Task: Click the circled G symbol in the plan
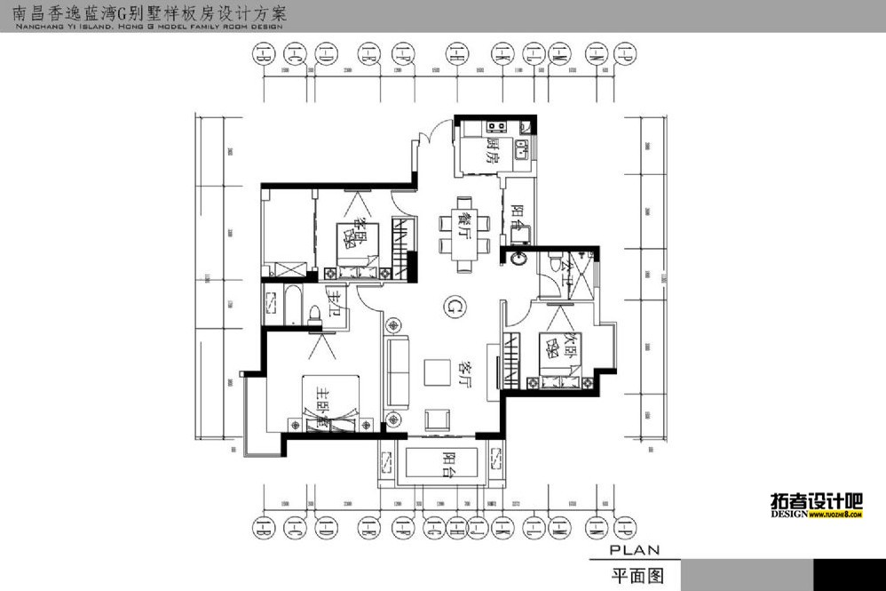[x=454, y=307]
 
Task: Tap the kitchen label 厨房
[x=493, y=148]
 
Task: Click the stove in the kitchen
[x=494, y=128]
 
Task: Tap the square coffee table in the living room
[x=437, y=371]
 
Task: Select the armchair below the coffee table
[x=438, y=419]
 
